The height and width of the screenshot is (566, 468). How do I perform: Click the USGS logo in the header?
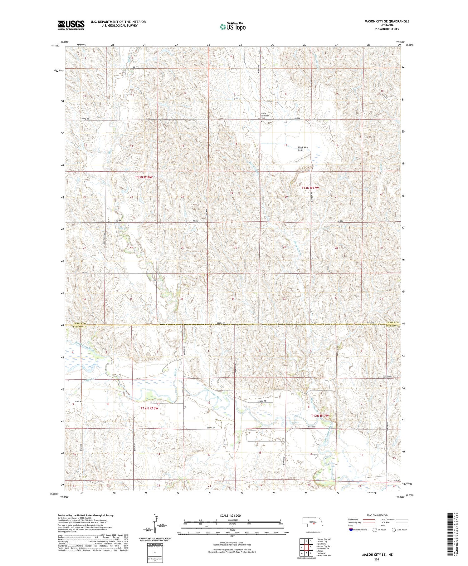point(71,25)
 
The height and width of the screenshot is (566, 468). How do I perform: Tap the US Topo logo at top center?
point(233,27)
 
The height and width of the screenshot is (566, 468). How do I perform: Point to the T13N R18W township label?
point(144,177)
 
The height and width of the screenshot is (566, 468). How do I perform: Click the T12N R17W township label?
point(320,416)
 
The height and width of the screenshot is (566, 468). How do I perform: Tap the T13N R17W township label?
point(310,188)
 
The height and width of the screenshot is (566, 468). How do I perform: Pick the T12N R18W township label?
point(149,408)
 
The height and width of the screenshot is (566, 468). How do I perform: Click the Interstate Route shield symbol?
point(351,530)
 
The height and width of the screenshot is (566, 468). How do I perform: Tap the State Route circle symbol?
point(394,530)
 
